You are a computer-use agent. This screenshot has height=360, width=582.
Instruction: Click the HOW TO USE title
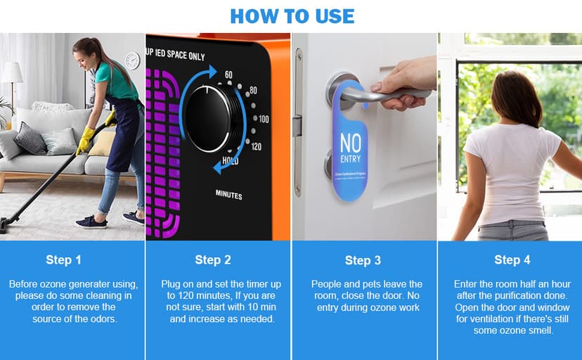click(x=292, y=15)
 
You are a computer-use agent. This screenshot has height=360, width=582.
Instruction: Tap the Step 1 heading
click(x=64, y=259)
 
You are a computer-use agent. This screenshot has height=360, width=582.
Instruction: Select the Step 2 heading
click(x=212, y=259)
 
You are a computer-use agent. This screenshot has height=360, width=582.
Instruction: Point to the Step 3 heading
click(x=363, y=261)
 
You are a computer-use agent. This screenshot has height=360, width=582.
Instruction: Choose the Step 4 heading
click(x=512, y=259)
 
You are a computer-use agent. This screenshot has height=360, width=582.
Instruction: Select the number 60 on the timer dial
click(x=228, y=75)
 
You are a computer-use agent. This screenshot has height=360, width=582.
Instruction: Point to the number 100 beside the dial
click(x=263, y=119)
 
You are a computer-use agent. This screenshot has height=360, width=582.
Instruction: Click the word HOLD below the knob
click(x=231, y=161)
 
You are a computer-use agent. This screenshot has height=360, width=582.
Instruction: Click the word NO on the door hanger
click(x=350, y=143)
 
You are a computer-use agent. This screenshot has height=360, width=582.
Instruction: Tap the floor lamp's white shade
click(x=12, y=72)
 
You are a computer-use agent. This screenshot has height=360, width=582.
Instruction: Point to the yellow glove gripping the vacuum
click(x=85, y=139)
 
